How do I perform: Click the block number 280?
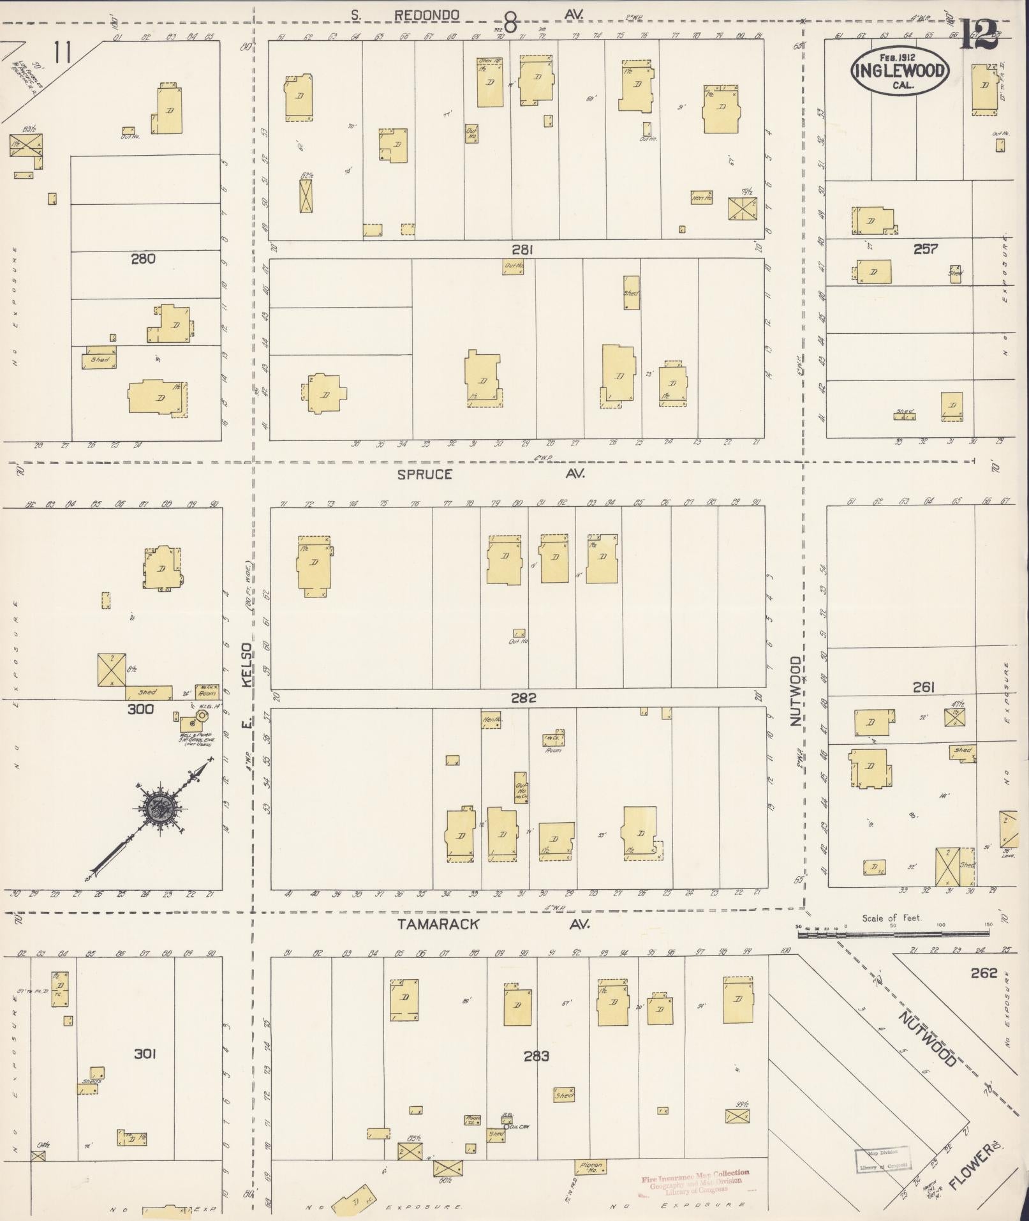click(x=143, y=258)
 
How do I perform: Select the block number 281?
click(x=522, y=250)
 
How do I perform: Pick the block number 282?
click(x=523, y=698)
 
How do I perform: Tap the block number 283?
click(x=537, y=1056)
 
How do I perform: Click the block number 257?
click(x=925, y=248)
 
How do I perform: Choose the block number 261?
click(x=923, y=687)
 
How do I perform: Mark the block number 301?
click(x=145, y=1054)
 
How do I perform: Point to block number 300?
click(x=140, y=708)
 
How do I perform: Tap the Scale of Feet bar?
click(x=893, y=934)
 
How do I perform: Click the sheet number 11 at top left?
click(x=62, y=52)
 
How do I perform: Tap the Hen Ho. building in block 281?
click(x=701, y=198)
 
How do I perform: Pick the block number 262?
click(x=983, y=973)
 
